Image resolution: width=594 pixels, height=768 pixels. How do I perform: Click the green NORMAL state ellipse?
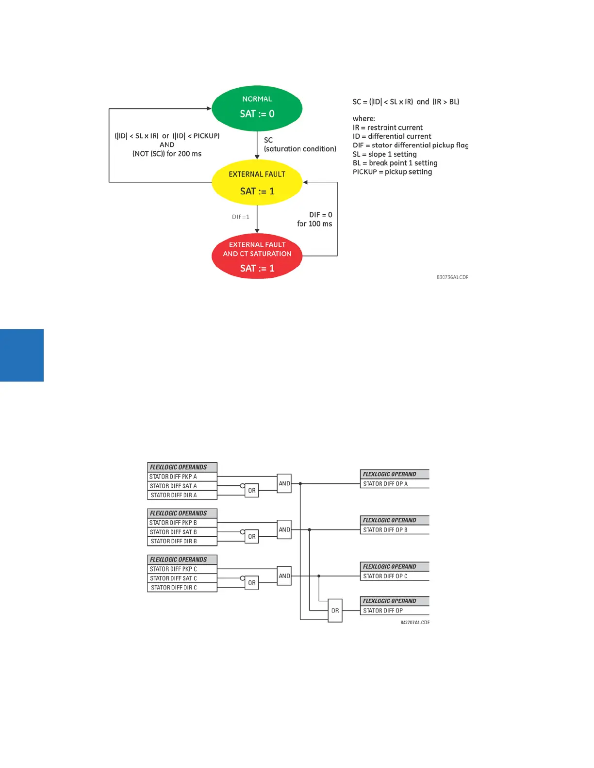tap(257, 108)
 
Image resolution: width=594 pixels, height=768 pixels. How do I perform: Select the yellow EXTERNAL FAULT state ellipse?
tap(257, 183)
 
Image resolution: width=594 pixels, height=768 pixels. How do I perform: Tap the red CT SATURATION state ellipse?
tap(257, 256)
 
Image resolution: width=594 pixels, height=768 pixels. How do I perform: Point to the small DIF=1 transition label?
tap(240, 217)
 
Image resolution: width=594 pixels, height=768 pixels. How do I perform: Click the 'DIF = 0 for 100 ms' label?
tap(315, 219)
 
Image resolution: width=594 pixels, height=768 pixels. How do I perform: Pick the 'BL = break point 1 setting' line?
tap(395, 163)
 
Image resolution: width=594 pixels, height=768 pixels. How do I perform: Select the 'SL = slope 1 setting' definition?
tap(384, 154)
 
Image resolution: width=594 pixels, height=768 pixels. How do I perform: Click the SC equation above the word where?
tap(406, 102)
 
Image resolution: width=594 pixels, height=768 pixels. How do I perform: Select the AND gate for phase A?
tap(284, 483)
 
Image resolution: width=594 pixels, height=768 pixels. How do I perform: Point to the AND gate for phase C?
tap(284, 576)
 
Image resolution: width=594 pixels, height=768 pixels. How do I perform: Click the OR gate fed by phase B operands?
tap(251, 537)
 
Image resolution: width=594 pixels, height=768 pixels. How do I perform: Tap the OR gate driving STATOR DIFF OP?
tap(335, 610)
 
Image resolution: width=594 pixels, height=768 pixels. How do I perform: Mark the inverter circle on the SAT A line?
tap(242, 486)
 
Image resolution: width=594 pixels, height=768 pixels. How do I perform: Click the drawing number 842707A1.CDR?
tap(414, 623)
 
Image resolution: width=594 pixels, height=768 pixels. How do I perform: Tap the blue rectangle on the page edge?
tap(22, 355)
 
